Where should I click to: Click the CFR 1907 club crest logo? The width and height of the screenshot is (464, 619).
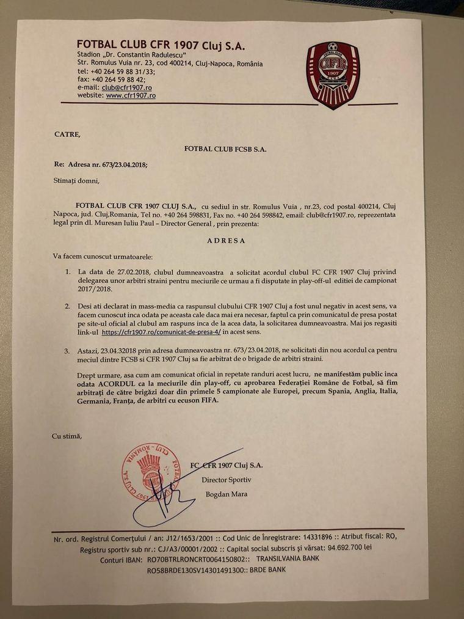pyautogui.click(x=333, y=75)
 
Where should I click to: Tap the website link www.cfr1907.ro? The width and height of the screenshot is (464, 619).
pyautogui.click(x=131, y=96)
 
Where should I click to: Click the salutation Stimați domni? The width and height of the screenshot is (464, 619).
pyautogui.click(x=76, y=181)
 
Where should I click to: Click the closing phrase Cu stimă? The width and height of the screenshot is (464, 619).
pyautogui.click(x=67, y=436)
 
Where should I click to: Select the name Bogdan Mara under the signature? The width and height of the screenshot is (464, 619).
pyautogui.click(x=227, y=494)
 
